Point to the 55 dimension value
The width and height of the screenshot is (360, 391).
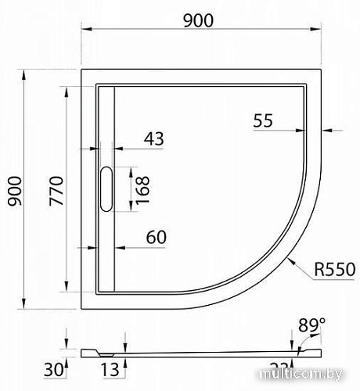point(263,120)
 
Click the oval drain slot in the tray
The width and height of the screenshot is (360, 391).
point(106,189)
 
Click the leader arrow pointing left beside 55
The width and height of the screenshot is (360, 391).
point(329,129)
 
